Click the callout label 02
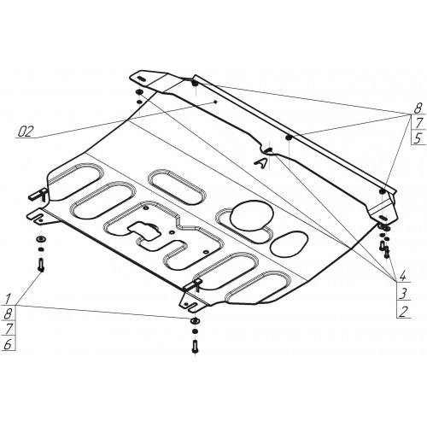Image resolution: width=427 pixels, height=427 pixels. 26,132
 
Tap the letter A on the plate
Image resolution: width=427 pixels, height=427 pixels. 261,163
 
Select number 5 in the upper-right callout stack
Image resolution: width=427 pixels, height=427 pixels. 417,138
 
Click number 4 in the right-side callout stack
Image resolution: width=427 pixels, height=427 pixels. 402,276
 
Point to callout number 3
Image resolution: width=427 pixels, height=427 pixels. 402,293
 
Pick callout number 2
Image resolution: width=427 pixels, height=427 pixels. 403,312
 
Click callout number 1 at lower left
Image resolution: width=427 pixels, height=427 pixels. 8,298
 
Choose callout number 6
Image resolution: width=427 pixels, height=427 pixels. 8,344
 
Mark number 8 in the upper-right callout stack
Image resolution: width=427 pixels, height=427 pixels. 418,108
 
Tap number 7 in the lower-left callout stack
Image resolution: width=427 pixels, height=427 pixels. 9,329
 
